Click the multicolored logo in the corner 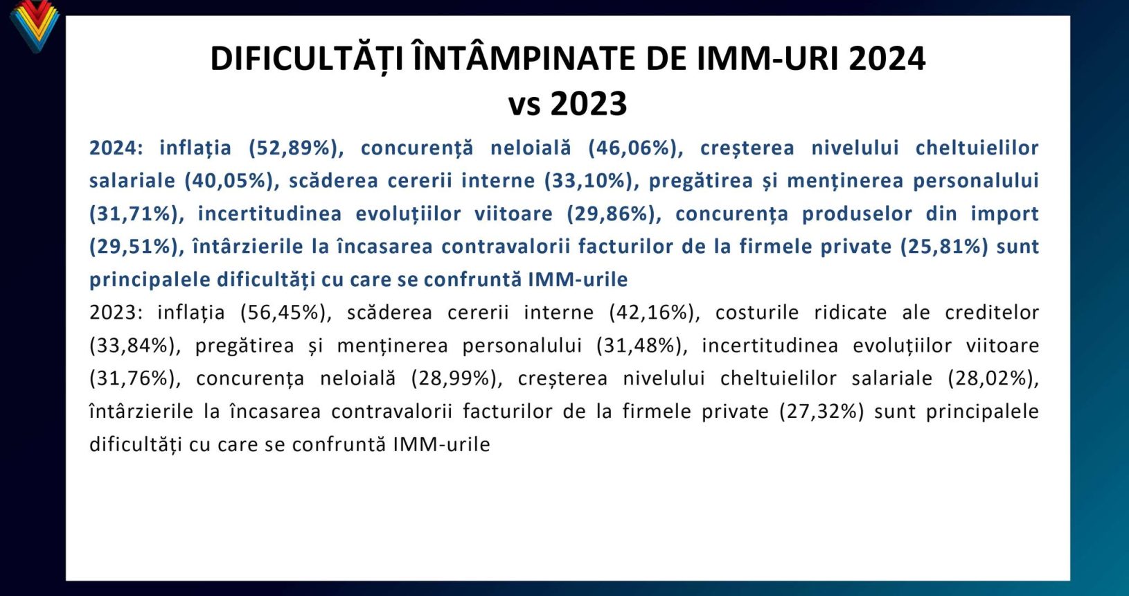click(x=34, y=25)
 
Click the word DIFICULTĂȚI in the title click(x=307, y=59)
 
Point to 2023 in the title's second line click(x=589, y=104)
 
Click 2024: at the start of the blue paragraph click(x=116, y=148)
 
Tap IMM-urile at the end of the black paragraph click(x=441, y=445)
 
